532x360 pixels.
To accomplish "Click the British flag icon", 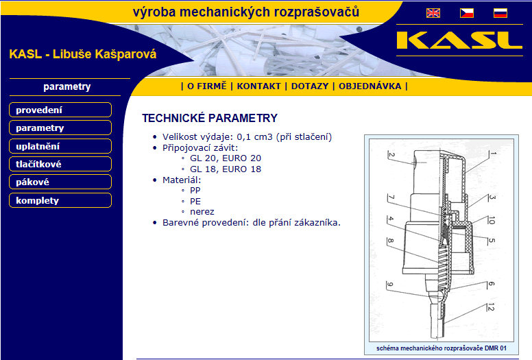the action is pos(433,13).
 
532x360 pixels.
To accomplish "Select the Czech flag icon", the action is pos(466,13).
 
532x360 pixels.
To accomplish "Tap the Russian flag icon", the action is pos(500,13).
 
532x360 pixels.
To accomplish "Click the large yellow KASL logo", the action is pos(459,40).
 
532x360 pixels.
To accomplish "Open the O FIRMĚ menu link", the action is pos(206,86).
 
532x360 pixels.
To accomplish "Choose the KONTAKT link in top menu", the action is pos(259,86).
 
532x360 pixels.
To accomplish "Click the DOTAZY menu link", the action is pos(310,86).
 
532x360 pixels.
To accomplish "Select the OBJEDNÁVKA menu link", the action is pos(370,86).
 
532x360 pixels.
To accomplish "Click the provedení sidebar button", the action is pos(60,110).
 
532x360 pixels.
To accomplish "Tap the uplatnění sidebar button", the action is pos(60,146).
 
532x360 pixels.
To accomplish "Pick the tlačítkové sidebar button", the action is pos(60,164).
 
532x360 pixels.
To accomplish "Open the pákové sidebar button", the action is pos(60,182).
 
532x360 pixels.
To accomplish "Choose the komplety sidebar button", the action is pos(60,200).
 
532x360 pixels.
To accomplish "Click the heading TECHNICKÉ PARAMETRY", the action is pos(210,118).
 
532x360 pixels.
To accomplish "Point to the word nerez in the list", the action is pos(202,212).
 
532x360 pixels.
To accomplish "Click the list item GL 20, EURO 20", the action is pos(226,158).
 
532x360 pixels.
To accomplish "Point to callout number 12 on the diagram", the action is pos(491,307).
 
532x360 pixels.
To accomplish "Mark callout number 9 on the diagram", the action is pos(389,285).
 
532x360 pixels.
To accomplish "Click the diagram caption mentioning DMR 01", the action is pos(441,348).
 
